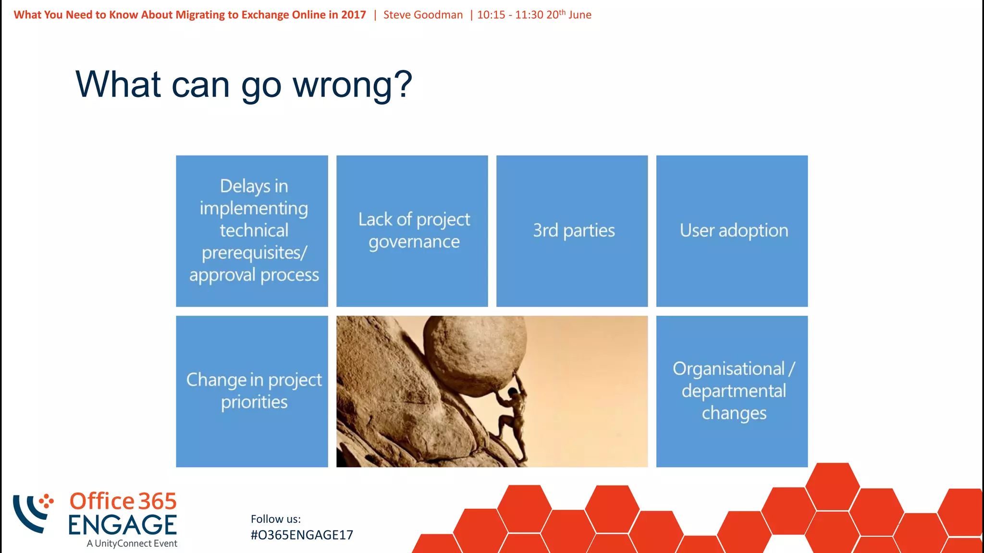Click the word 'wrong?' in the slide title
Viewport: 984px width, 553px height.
352,84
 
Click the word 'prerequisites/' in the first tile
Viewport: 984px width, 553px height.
254,253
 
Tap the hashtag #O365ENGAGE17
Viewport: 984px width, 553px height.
302,535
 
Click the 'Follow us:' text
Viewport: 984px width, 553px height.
275,519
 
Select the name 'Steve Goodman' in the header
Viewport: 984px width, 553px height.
423,15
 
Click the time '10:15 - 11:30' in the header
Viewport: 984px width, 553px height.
510,15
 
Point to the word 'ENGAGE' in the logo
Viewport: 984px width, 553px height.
123,525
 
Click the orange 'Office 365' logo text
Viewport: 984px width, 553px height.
123,501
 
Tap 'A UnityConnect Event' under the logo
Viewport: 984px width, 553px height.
132,543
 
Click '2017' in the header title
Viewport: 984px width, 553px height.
353,15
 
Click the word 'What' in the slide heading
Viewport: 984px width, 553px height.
118,84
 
